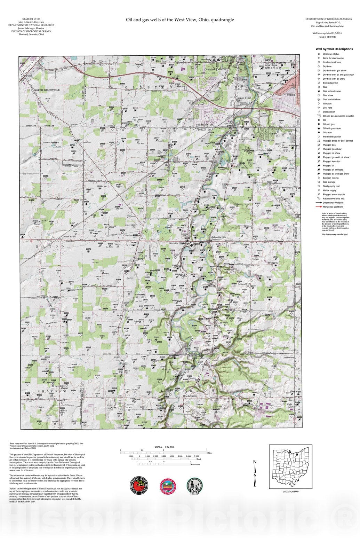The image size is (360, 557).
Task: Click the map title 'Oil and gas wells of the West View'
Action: tap(180, 20)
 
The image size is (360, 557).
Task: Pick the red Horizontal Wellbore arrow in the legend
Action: tap(318, 207)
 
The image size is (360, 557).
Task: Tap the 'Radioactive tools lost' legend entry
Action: tap(333, 198)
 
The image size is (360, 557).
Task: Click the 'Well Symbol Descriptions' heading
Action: tap(334, 49)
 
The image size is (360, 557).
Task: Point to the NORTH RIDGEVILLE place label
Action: tap(47, 90)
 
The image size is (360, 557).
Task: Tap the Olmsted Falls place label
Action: tap(213, 69)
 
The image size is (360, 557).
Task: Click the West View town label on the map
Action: tap(244, 98)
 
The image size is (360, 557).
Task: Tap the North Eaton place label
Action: tap(69, 236)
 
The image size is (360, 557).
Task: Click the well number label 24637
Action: tap(254, 392)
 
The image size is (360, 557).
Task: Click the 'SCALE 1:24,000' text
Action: tap(164, 447)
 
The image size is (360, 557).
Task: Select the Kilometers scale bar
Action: tap(164, 464)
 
